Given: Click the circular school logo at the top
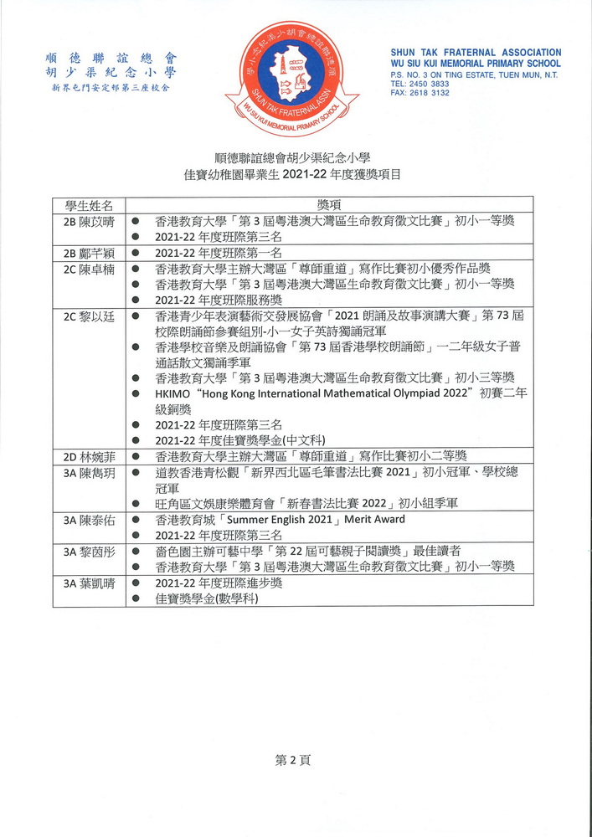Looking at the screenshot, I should pyautogui.click(x=291, y=78).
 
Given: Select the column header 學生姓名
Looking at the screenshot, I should pyautogui.click(x=89, y=205).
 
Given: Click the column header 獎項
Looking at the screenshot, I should pyautogui.click(x=329, y=205).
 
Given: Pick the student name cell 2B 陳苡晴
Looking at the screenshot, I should pyautogui.click(x=89, y=221).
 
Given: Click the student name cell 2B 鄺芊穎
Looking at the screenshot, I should pyautogui.click(x=89, y=253).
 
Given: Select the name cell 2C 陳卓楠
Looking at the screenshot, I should pyautogui.click(x=89, y=269).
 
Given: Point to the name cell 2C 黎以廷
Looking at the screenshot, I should pyautogui.click(x=89, y=316).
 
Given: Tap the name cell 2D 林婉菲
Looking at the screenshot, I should pyautogui.click(x=89, y=457).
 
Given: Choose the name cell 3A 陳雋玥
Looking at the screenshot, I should pyautogui.click(x=89, y=473).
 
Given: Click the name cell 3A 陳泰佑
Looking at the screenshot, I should pyautogui.click(x=89, y=520).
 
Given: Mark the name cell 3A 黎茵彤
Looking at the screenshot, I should pyautogui.click(x=89, y=552).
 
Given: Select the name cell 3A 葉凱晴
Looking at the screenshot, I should pyautogui.click(x=89, y=583).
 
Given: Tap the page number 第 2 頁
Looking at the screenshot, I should pyautogui.click(x=293, y=760).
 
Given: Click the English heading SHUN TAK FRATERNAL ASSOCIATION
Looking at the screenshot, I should pyautogui.click(x=476, y=53).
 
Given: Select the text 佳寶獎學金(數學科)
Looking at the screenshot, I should pyautogui.click(x=207, y=599).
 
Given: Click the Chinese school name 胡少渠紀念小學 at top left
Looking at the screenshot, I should pyautogui.click(x=111, y=73).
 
